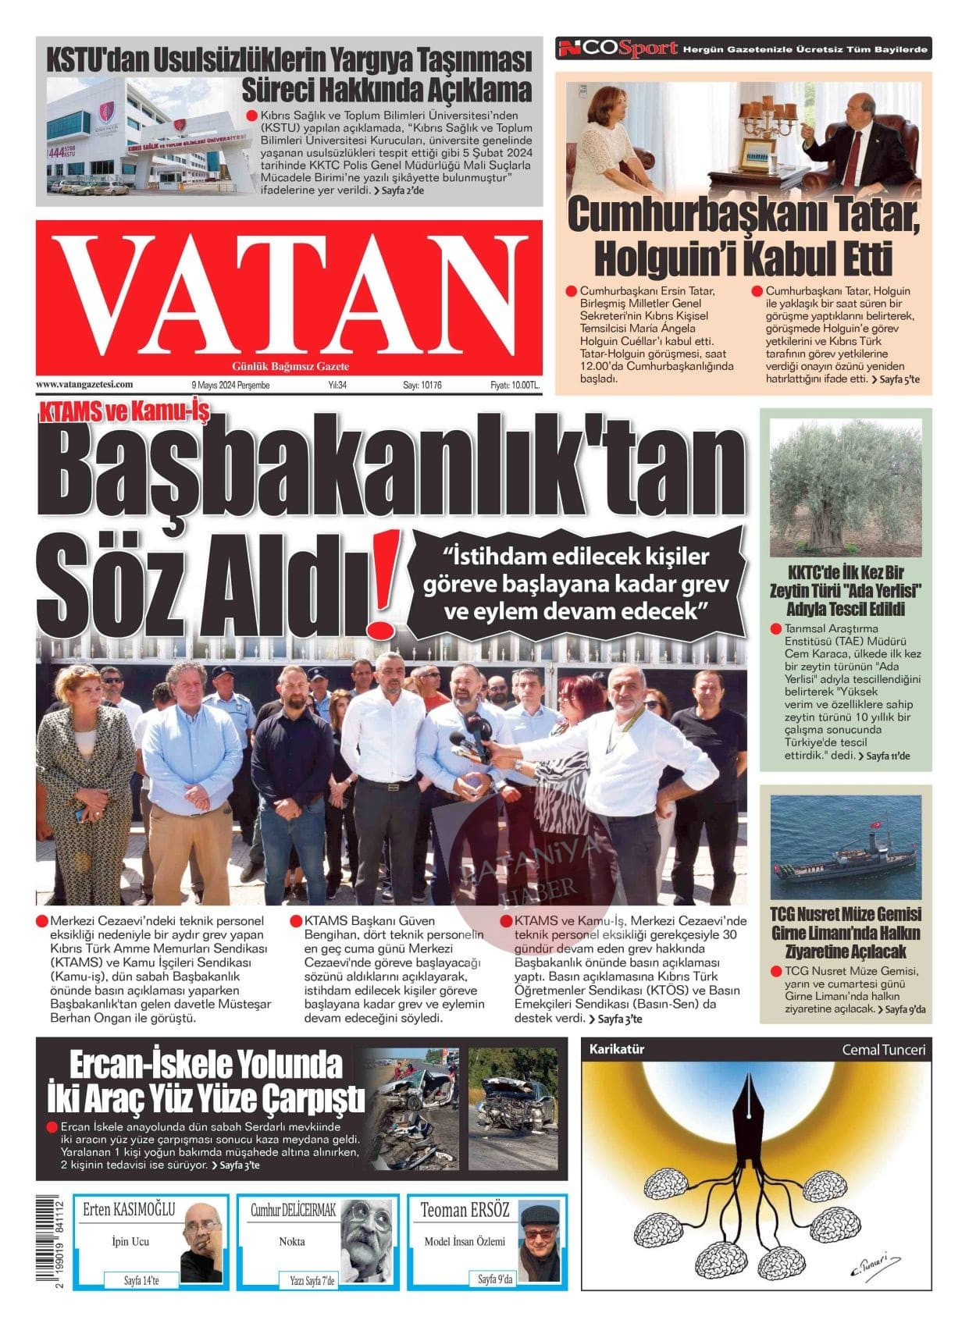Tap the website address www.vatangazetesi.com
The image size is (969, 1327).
click(84, 384)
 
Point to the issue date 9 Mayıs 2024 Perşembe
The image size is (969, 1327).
click(230, 385)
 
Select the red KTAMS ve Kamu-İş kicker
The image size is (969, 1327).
click(123, 411)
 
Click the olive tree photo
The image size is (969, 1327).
click(846, 488)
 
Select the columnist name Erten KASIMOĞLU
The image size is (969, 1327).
click(129, 1211)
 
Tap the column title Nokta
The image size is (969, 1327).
click(292, 1241)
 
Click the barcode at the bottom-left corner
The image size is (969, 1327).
click(52, 1242)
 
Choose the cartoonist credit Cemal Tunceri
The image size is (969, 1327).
click(883, 1050)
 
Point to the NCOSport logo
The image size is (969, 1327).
click(617, 48)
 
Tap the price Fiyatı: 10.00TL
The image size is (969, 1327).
click(515, 385)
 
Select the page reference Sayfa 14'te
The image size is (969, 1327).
click(141, 1281)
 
